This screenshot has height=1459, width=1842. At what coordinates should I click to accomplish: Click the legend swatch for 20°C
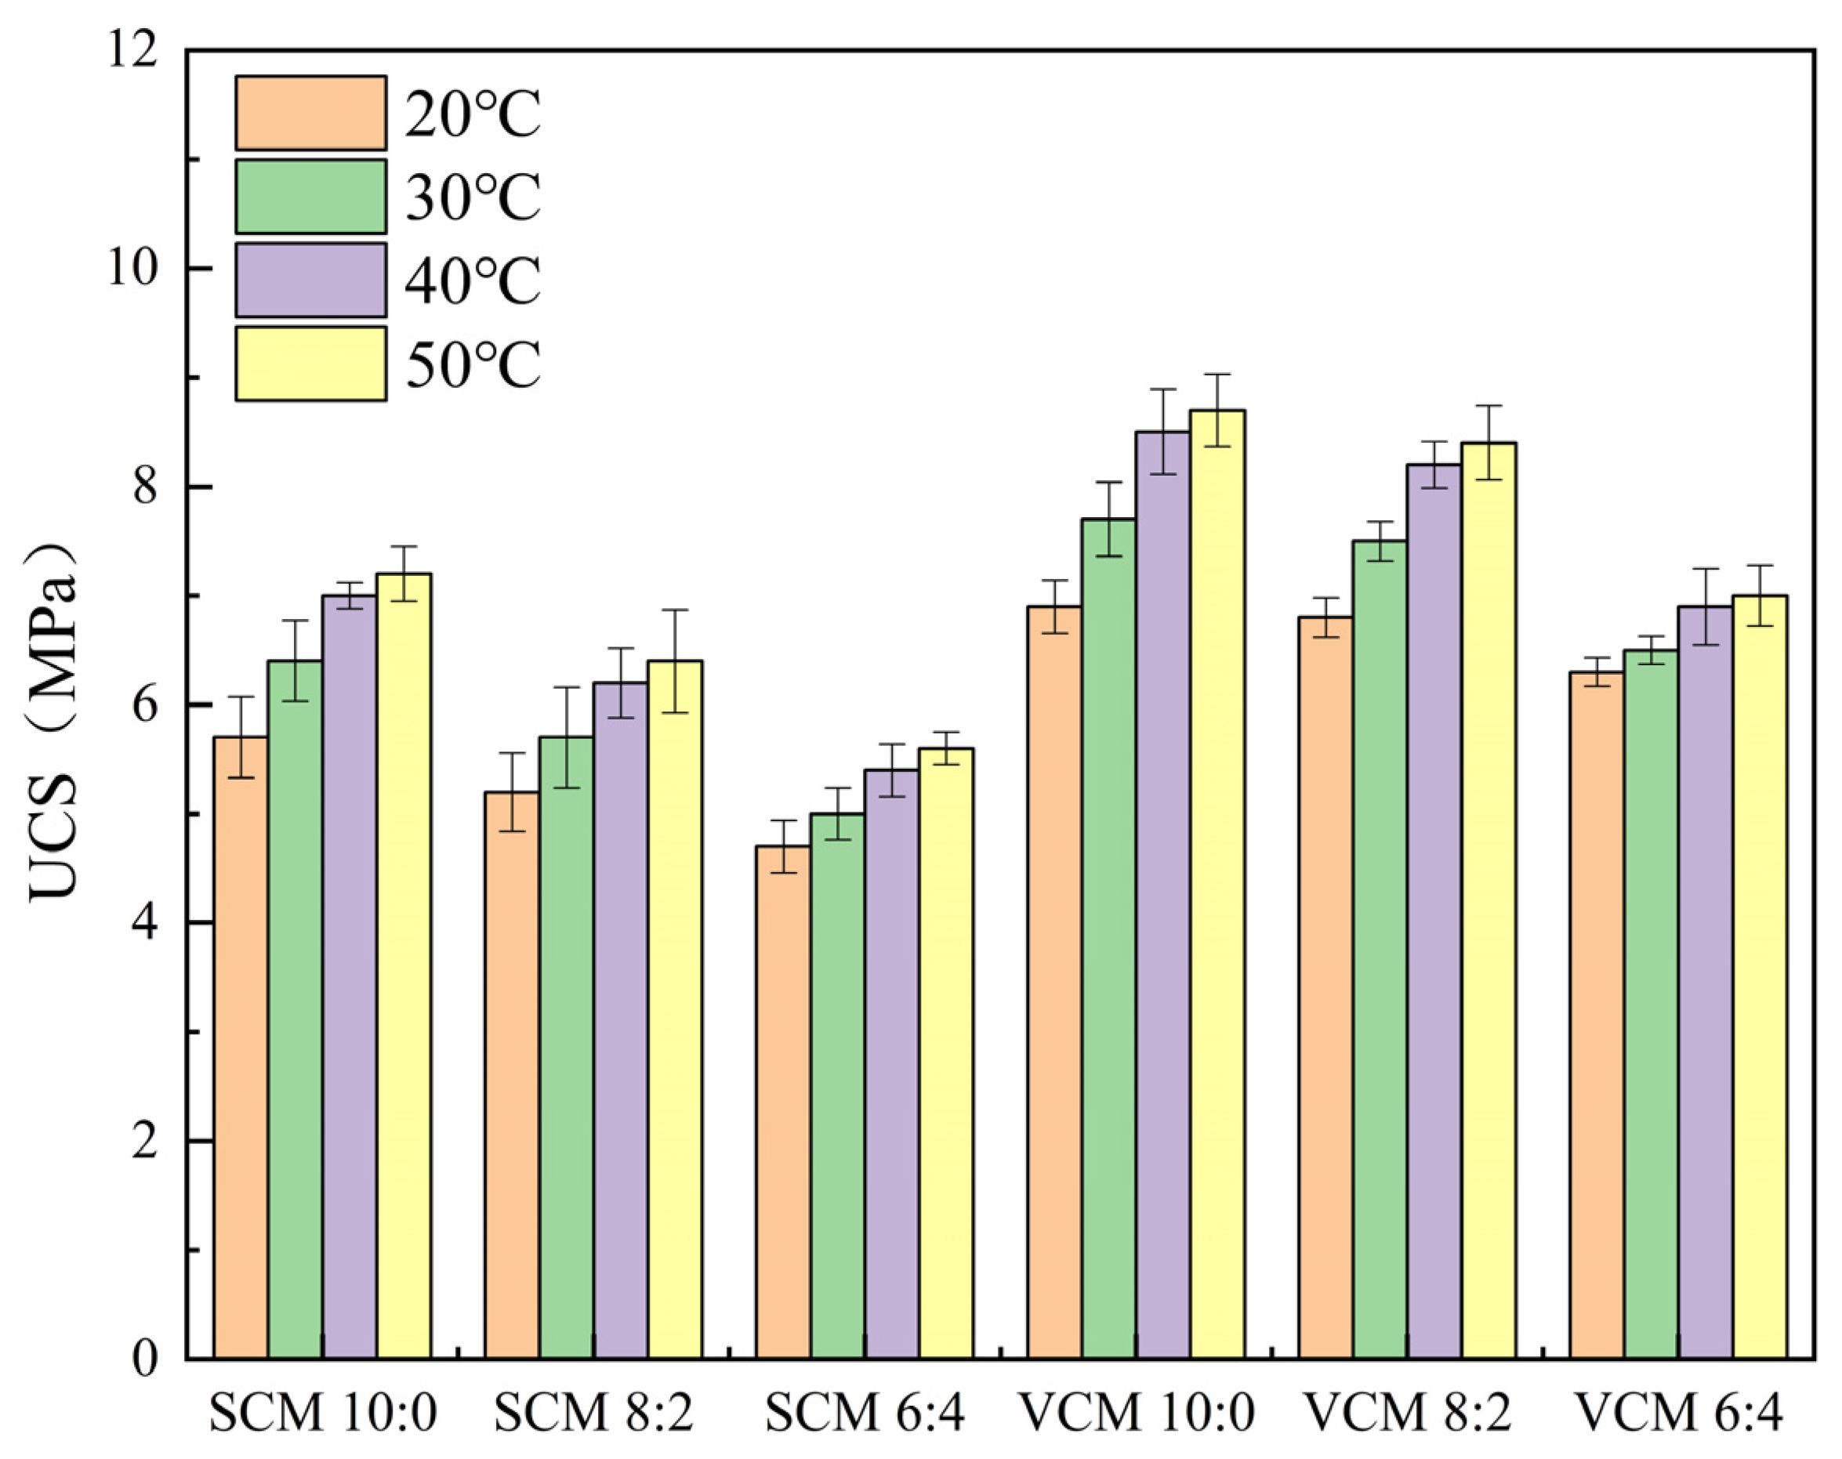[x=311, y=113]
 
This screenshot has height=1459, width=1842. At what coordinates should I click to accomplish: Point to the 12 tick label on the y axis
[x=132, y=51]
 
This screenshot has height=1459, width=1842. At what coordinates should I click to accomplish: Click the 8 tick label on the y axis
[x=145, y=487]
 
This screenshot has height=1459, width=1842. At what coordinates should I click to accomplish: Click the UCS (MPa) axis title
[x=53, y=722]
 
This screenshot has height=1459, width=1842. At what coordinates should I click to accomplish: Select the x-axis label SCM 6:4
[x=865, y=1414]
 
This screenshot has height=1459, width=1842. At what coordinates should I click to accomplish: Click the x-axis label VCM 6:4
[x=1680, y=1414]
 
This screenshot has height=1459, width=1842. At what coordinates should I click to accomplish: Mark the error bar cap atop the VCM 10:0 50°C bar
[x=1217, y=374]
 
